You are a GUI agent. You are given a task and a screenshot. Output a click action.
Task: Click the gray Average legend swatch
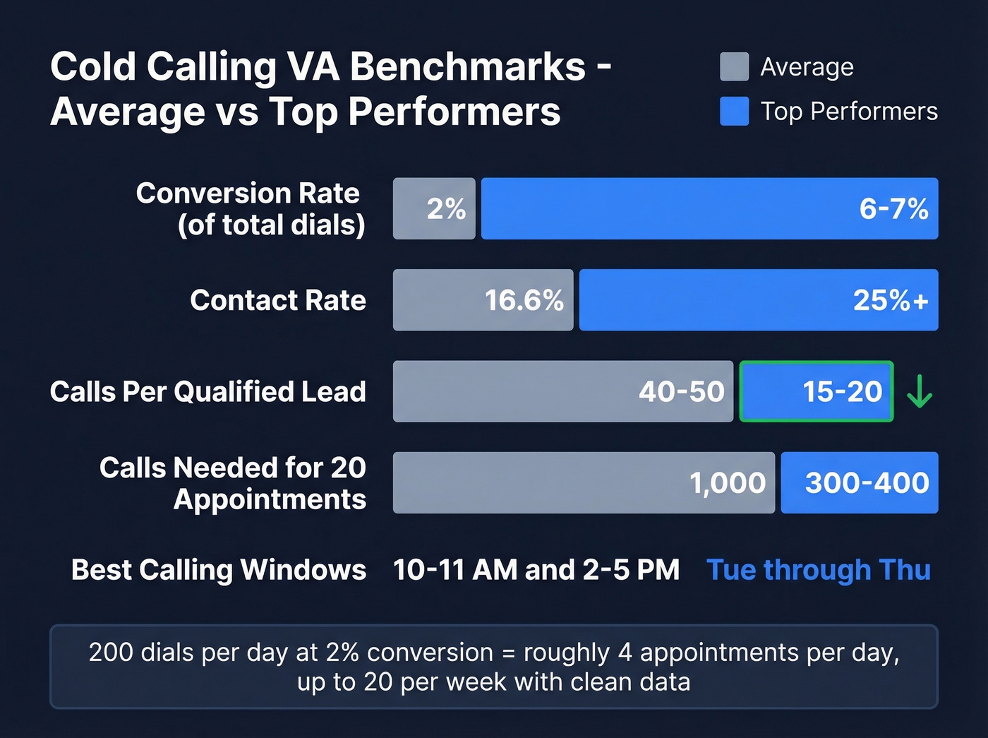[734, 66]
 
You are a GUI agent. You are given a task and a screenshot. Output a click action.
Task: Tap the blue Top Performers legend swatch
[734, 112]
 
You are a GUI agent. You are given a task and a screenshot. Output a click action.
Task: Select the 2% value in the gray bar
[446, 208]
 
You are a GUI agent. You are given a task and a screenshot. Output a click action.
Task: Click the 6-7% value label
[893, 208]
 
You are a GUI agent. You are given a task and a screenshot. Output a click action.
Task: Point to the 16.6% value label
[524, 300]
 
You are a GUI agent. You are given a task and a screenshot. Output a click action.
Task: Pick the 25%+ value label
[891, 300]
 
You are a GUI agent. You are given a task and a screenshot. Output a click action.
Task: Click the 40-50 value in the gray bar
[681, 391]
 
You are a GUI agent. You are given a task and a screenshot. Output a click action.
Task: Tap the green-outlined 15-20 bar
[817, 391]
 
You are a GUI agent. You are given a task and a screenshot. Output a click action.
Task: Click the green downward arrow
[919, 391]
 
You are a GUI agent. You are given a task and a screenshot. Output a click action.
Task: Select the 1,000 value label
[727, 483]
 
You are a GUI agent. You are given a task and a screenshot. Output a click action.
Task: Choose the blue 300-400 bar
[860, 483]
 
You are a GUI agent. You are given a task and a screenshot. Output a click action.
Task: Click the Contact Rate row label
[278, 300]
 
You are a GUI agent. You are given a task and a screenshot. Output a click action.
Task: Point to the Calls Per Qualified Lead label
[208, 391]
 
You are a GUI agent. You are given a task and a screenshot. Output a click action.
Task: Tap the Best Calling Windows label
[219, 570]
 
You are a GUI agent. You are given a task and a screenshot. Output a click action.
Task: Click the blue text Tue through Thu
[819, 570]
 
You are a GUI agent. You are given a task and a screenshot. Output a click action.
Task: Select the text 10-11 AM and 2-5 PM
[536, 570]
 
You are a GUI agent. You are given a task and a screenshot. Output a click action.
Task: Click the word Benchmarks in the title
[467, 67]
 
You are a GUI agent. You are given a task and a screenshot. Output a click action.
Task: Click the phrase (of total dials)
[272, 225]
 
